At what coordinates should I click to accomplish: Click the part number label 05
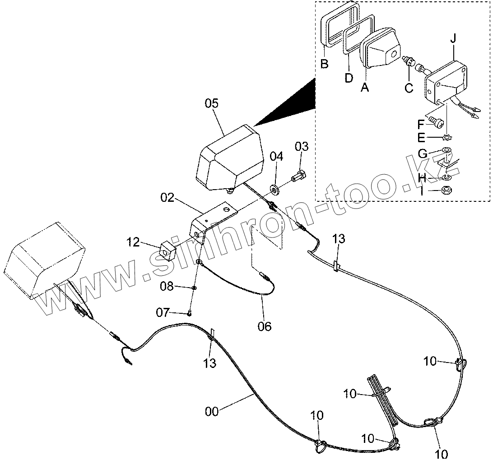(212, 103)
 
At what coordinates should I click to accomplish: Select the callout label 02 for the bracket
(167, 198)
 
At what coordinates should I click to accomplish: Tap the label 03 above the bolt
(302, 146)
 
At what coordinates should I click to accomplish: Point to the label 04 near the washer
(276, 156)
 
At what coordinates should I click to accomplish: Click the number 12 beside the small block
(133, 242)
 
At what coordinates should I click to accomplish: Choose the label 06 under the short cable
(265, 326)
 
